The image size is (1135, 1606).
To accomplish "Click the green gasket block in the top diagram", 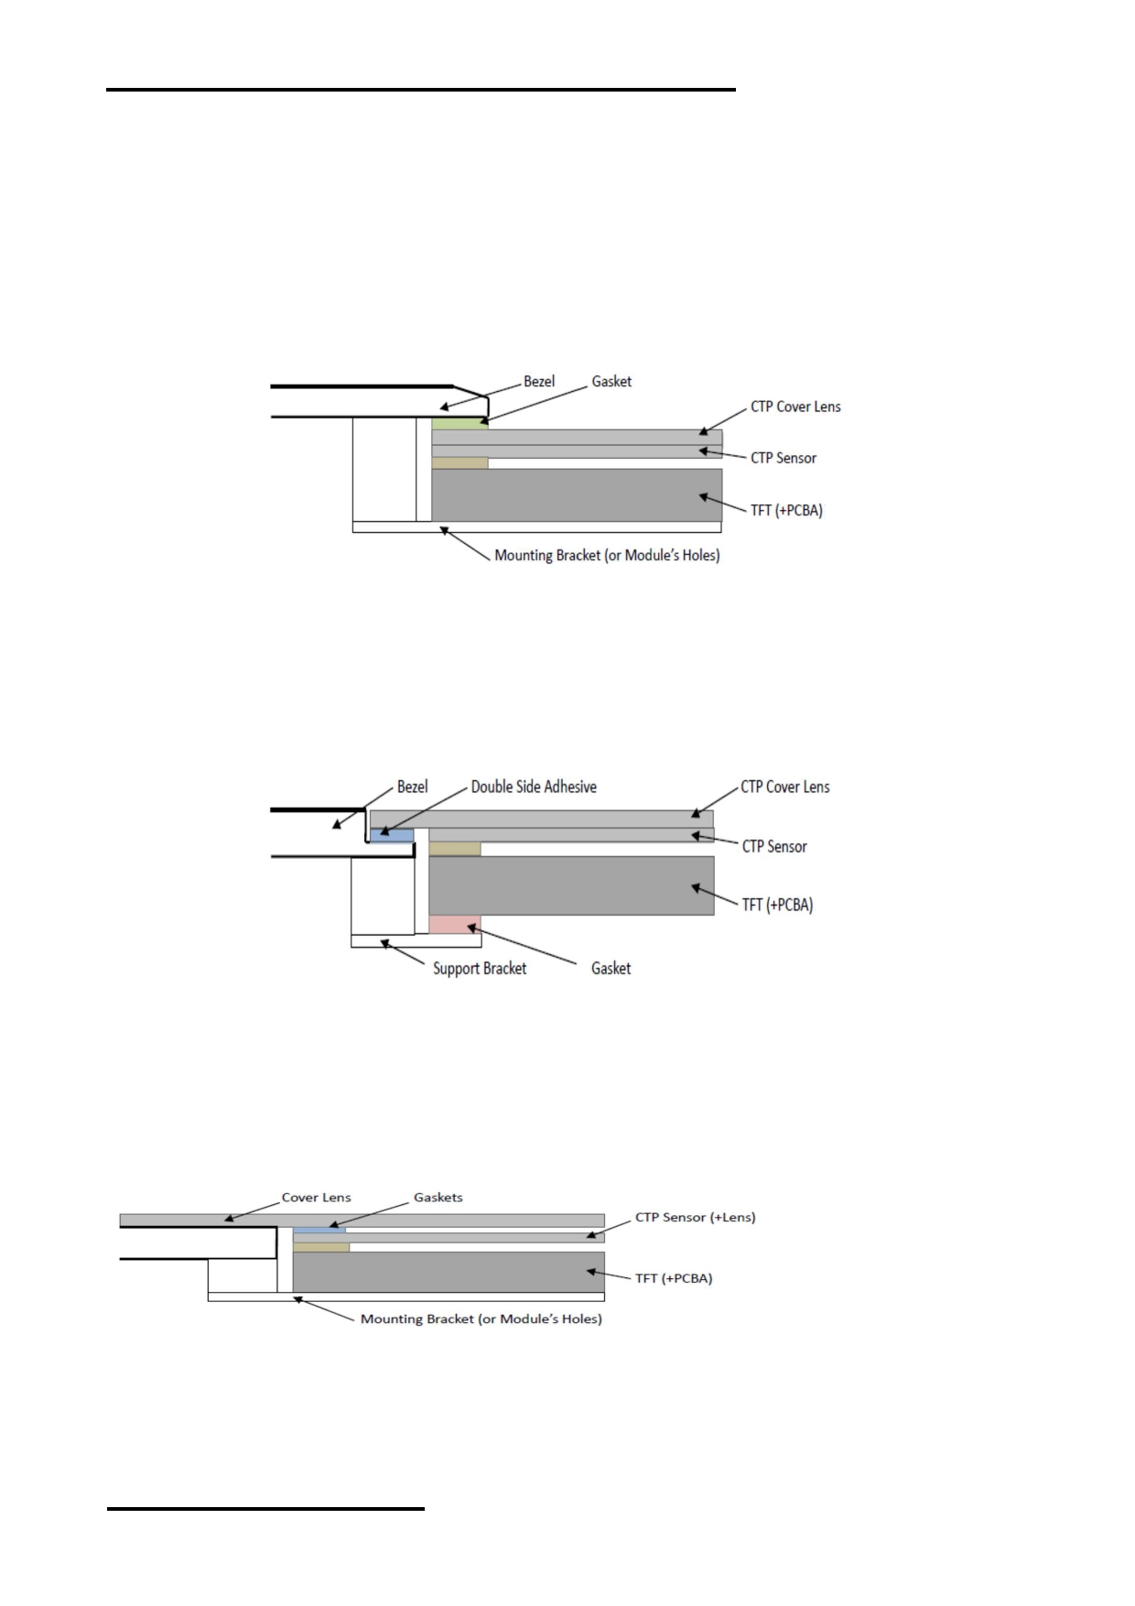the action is pos(459,423).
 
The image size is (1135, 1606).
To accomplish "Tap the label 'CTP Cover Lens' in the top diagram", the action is pos(795,407).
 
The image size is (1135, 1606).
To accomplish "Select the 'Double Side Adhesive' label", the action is pos(534,787).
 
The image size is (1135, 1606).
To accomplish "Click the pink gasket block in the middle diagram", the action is pos(455,925).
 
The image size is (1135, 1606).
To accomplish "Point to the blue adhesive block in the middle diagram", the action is pos(392,835).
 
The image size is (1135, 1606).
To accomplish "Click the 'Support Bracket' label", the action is pos(480,968).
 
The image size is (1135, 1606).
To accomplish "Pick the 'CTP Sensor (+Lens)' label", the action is pos(696,1217).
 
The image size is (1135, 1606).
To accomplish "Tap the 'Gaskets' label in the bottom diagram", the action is pos(438,1197).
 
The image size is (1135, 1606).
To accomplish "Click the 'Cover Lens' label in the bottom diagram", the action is pos(316,1197).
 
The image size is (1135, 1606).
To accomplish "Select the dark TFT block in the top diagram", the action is pos(577,495).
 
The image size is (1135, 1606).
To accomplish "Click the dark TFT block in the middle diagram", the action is pos(571,885).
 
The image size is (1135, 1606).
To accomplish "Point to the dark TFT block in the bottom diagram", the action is pos(449,1272).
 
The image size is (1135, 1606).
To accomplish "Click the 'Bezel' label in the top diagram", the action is pos(539,381).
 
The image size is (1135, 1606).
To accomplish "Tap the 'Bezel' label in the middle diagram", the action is pos(412,787).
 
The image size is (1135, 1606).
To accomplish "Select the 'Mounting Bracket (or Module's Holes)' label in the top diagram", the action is pos(607,555).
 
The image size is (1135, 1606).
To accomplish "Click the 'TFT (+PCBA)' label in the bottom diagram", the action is pos(674,1278).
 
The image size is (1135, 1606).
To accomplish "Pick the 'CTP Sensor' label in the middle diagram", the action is pos(774,846).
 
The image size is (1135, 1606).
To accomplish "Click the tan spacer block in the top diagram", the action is pos(459,463).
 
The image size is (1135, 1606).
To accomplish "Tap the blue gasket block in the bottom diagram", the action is pos(319,1230).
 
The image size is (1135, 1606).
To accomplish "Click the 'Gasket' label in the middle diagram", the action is pos(611,968).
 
